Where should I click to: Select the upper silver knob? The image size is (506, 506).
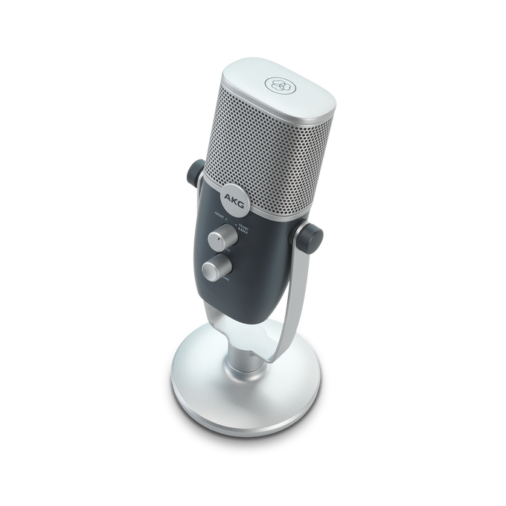(x=220, y=239)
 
